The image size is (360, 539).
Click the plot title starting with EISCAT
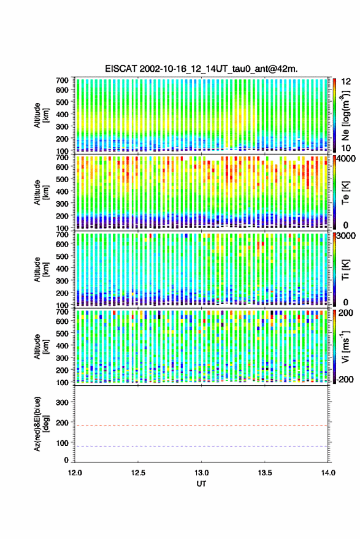coord(201,69)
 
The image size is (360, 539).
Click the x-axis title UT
coord(201,484)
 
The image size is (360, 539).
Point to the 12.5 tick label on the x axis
coord(138,473)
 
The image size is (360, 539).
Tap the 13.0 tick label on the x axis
coord(202,473)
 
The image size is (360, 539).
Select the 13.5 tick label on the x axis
coord(265,473)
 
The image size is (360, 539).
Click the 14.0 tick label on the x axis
coord(328,473)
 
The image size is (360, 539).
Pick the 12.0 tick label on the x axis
coord(75,473)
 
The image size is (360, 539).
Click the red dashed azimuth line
coord(201,426)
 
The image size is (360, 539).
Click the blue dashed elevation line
coord(201,446)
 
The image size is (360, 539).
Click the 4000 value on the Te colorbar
coord(347,159)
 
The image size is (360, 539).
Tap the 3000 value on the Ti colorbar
coord(347,236)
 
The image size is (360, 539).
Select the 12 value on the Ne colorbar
coord(346,82)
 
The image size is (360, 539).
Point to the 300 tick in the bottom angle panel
coord(62,402)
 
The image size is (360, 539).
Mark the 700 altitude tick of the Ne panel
coord(62,80)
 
